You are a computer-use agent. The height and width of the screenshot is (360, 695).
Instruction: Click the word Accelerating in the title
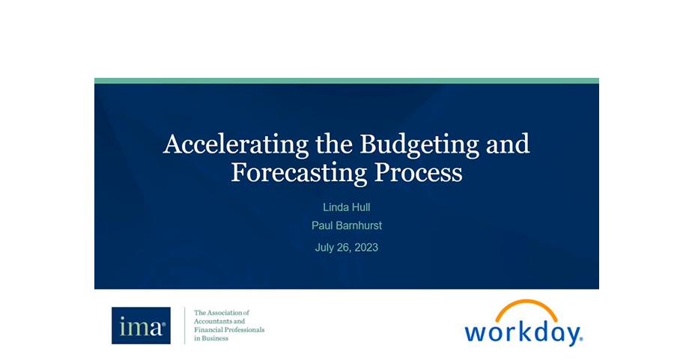[x=236, y=144]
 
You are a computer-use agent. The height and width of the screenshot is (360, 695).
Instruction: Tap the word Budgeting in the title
[x=419, y=144]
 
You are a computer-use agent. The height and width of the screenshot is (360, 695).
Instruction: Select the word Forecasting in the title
[x=299, y=173]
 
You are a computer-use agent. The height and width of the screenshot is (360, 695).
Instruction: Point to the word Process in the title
[x=419, y=172]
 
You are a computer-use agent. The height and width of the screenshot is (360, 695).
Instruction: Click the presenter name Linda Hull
[x=347, y=207]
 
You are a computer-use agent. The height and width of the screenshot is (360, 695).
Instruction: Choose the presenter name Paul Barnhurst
[x=347, y=225]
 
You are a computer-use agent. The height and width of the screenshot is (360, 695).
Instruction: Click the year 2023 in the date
[x=366, y=247]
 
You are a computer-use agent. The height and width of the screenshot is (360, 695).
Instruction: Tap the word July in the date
[x=325, y=248]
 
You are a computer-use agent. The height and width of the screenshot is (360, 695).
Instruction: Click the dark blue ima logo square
[x=141, y=326]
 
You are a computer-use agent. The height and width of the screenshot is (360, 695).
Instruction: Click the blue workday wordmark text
[x=523, y=334]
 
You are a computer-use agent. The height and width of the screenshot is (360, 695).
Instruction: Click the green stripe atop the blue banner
[x=347, y=81]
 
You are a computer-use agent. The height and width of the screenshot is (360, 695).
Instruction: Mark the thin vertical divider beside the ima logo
[x=184, y=326]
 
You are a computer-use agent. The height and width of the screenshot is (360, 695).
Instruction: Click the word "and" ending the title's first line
[x=508, y=144]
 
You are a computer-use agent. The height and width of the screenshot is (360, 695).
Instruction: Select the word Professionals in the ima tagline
[x=245, y=329]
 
